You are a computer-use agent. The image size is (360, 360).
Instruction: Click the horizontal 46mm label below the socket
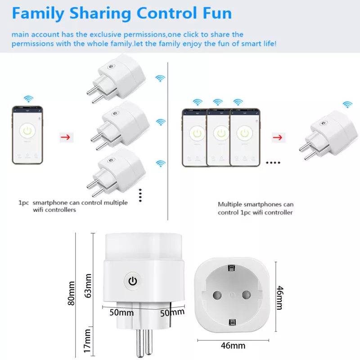tap(233, 346)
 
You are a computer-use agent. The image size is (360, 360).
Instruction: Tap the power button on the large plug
tap(132, 281)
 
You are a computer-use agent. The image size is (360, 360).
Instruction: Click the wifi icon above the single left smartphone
tap(28, 99)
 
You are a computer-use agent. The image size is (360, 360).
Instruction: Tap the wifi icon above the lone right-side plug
tap(347, 104)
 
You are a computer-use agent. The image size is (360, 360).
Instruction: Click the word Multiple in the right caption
tap(230, 204)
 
